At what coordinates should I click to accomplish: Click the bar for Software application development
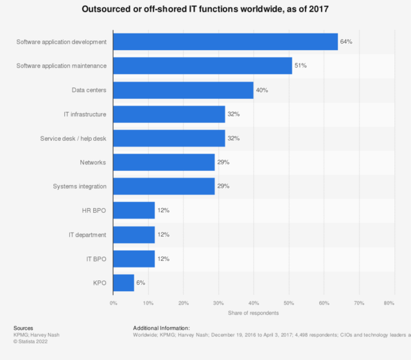(225, 42)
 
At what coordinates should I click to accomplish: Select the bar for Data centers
(183, 90)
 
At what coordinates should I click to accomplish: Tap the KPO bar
(123, 283)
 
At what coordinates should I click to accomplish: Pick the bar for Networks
(164, 162)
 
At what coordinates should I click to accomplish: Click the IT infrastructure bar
(169, 114)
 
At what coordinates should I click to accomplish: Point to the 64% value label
(346, 42)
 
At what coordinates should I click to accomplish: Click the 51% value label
(301, 66)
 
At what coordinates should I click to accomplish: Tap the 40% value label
(261, 90)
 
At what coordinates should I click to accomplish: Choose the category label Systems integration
(80, 186)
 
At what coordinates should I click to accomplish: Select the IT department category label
(87, 235)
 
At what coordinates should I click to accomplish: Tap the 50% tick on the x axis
(288, 302)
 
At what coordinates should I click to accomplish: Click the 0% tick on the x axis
(113, 302)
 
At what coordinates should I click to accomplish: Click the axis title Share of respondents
(253, 312)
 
